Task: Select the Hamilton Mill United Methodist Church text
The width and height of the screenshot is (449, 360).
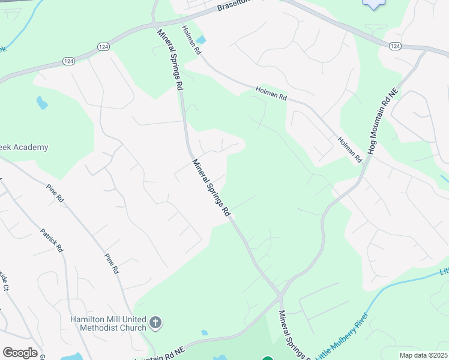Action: point(108,323)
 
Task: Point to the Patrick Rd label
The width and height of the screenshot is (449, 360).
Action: point(51,240)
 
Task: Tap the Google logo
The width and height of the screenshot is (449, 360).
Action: point(20,353)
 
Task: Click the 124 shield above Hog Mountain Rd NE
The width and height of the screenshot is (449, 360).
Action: point(395,46)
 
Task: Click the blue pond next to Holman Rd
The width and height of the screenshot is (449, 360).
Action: point(201,40)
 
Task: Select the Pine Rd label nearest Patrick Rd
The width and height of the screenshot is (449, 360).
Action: point(55,194)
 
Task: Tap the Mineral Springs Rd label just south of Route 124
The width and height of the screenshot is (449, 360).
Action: point(170,59)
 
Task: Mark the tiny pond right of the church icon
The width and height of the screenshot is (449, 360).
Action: point(205,332)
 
